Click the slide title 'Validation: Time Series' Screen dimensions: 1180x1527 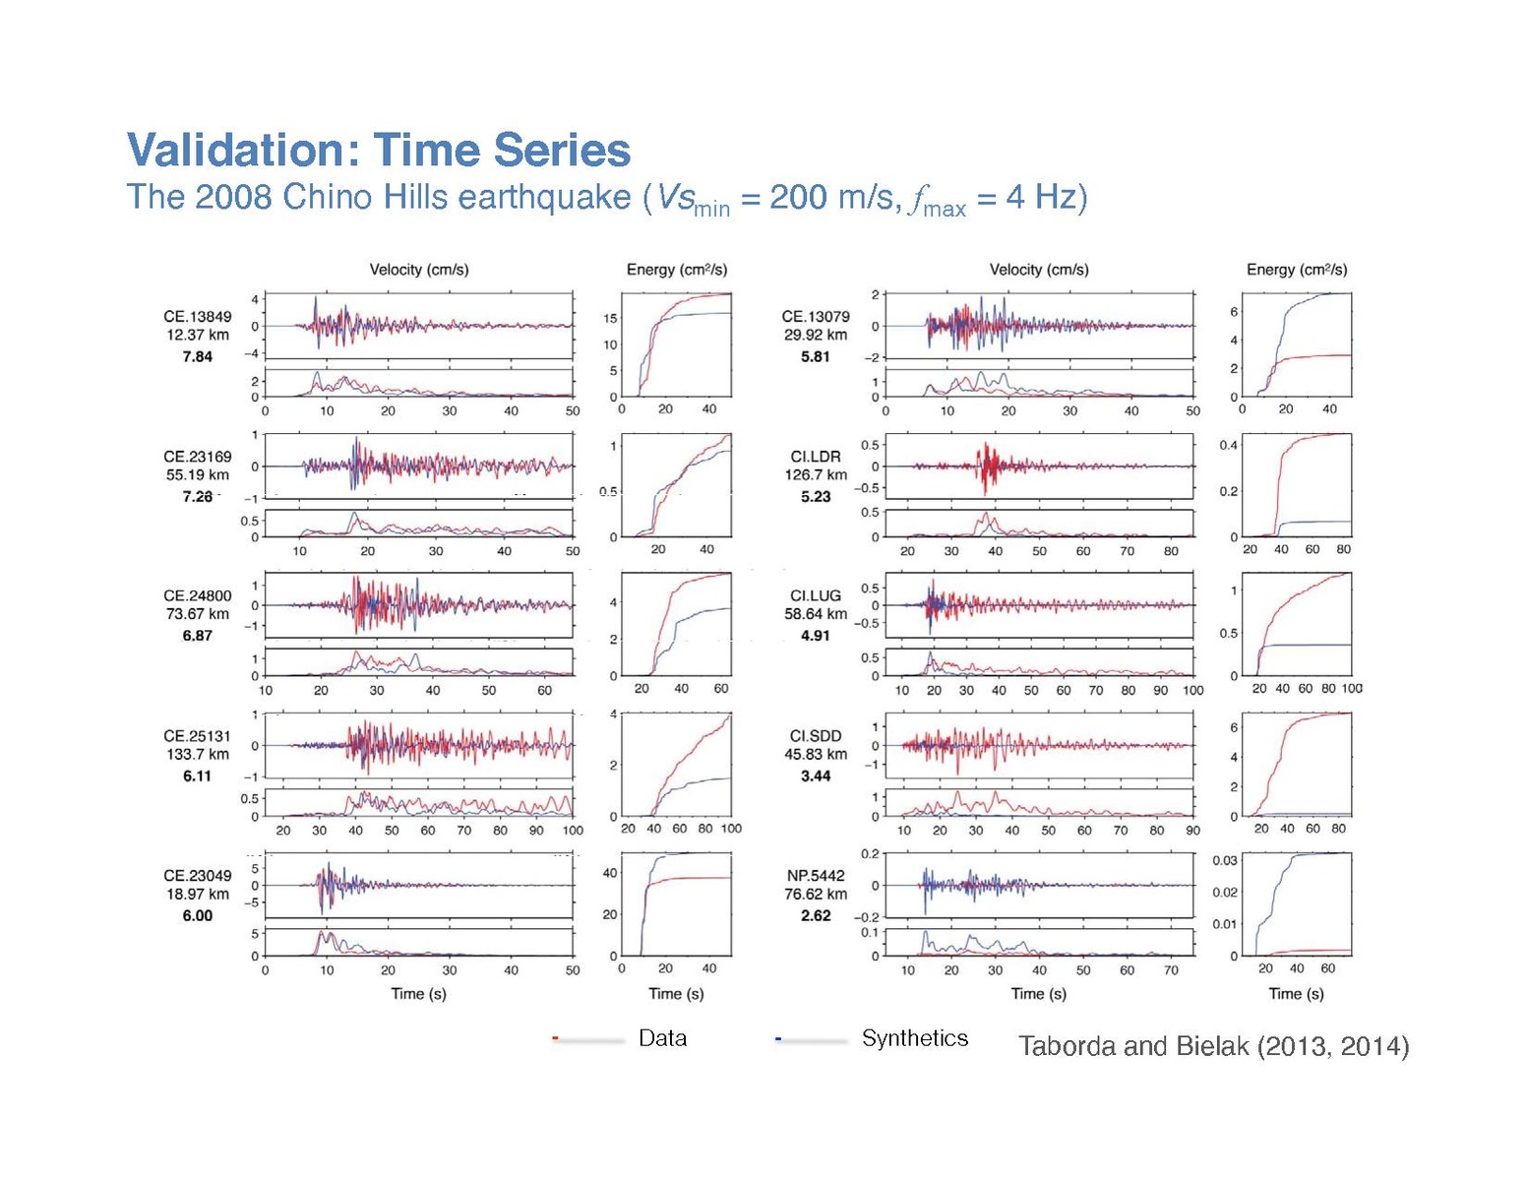click(379, 151)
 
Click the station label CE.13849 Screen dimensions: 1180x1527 click(198, 317)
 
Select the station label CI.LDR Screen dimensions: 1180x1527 click(816, 457)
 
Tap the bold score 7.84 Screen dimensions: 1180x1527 click(198, 356)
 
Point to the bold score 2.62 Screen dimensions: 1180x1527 click(816, 915)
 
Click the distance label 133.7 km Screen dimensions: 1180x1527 click(198, 754)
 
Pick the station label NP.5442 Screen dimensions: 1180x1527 click(816, 875)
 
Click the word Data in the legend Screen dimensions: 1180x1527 click(662, 1038)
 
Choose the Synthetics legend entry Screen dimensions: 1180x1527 click(915, 1038)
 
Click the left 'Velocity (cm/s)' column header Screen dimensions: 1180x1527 click(419, 270)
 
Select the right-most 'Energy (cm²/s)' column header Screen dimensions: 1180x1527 click(1297, 270)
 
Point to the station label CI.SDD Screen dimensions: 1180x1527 click(816, 736)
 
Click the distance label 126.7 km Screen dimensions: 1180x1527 click(816, 474)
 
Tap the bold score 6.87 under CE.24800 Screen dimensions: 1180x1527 click(198, 636)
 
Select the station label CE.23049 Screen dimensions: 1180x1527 click(198, 875)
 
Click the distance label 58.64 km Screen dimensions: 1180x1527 click(816, 613)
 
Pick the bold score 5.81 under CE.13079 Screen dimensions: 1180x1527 click(816, 356)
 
